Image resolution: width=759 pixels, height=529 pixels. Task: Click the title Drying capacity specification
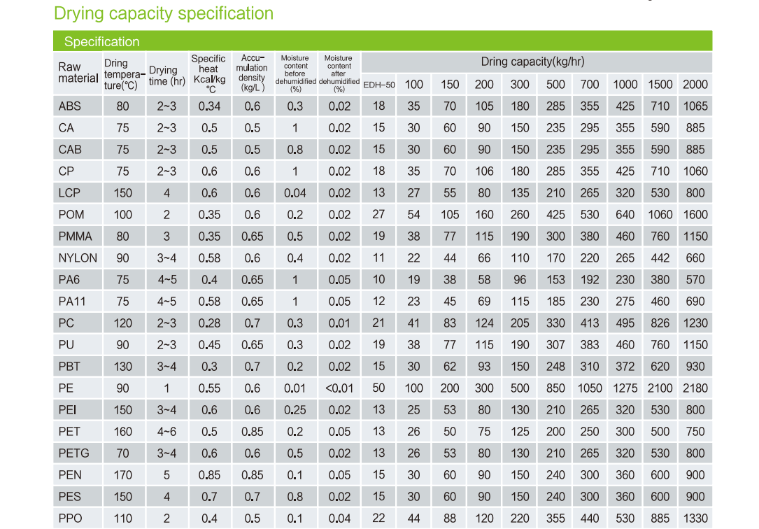tap(164, 13)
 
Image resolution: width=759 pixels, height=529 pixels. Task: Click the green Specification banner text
tap(102, 42)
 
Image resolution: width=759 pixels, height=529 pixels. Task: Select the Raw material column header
tap(77, 73)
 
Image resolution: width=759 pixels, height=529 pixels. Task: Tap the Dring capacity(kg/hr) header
tap(532, 62)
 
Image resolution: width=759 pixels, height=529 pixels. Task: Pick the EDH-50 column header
tap(378, 85)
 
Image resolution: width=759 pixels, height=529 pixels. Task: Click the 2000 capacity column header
tap(695, 84)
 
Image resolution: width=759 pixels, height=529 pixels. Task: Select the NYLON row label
tap(78, 258)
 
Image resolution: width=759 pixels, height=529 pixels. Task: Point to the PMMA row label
tap(75, 237)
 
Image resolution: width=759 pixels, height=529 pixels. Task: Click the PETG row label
tap(74, 453)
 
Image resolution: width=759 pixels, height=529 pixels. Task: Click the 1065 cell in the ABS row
tap(695, 106)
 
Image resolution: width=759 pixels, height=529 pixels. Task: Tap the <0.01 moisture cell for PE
tap(339, 388)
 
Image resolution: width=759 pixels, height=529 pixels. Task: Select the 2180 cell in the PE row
tap(695, 388)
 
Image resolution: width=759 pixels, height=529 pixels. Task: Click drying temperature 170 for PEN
tap(122, 475)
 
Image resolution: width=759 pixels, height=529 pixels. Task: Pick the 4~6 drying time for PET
tap(166, 432)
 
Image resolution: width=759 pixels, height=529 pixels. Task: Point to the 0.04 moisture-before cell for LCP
tap(295, 193)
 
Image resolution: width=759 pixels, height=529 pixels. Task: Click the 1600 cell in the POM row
tap(695, 215)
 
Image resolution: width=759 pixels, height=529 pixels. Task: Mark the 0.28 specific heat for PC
tap(209, 323)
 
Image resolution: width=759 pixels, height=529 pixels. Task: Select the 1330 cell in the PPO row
tap(695, 519)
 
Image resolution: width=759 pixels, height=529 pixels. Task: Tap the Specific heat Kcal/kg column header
tap(209, 73)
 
